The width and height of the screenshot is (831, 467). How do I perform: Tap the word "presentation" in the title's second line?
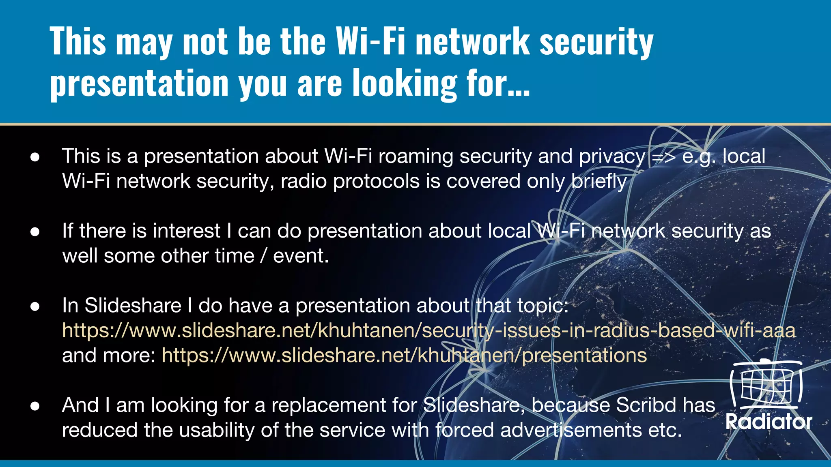139,83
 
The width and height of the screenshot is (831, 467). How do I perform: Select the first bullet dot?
35,157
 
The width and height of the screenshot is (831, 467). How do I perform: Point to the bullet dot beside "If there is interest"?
35,231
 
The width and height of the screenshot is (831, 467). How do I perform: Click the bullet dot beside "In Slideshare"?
35,306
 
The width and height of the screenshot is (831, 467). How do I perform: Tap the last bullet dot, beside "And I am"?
35,406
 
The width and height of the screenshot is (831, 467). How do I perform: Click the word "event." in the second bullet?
301,256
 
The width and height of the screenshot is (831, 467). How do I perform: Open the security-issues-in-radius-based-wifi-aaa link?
428,330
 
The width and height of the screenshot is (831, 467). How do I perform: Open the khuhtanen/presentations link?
404,356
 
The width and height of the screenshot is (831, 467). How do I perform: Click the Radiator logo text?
769,422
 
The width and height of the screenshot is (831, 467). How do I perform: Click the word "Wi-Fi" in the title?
370,42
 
